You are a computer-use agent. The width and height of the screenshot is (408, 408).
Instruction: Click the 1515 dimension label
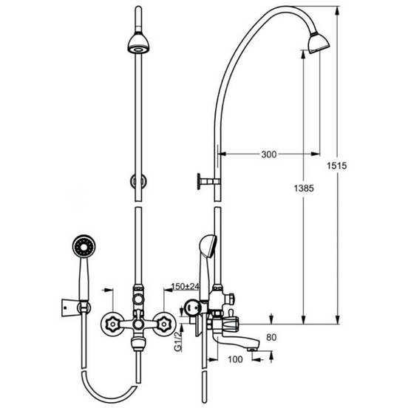(337, 166)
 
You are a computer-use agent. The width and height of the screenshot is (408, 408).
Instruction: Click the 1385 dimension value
(304, 188)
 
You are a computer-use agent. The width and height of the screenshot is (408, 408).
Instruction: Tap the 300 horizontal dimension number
(269, 154)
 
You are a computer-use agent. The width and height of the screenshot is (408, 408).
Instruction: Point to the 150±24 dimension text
(186, 286)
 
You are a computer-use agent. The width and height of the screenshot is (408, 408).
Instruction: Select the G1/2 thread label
(178, 341)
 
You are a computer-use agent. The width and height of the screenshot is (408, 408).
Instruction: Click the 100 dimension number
(235, 359)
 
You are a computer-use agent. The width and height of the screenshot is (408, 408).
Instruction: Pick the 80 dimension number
(271, 338)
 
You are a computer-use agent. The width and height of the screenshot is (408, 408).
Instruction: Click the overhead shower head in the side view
(319, 43)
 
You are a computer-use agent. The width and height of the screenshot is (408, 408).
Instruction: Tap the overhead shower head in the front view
(138, 43)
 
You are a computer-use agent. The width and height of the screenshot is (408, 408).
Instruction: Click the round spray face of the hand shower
(84, 246)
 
